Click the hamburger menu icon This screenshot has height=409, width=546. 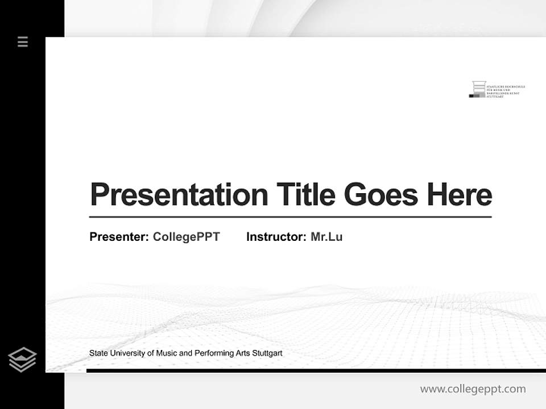tap(23, 41)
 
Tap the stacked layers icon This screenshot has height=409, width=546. tap(22, 360)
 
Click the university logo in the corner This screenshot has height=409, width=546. tap(497, 89)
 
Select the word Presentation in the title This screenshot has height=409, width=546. tap(179, 195)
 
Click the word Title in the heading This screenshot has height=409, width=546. tap(305, 195)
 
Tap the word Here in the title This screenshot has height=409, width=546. tap(459, 195)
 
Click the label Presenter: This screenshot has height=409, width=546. tap(119, 237)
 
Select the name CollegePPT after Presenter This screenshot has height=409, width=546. tap(186, 237)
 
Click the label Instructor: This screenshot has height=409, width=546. tap(276, 237)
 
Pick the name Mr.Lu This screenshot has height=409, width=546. tap(326, 237)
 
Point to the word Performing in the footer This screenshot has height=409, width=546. tap(214, 353)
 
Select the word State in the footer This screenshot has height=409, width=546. tap(98, 353)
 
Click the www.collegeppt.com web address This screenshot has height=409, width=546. tap(473, 389)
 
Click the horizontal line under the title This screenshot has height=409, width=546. tap(290, 217)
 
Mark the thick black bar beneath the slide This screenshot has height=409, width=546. tap(316, 370)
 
